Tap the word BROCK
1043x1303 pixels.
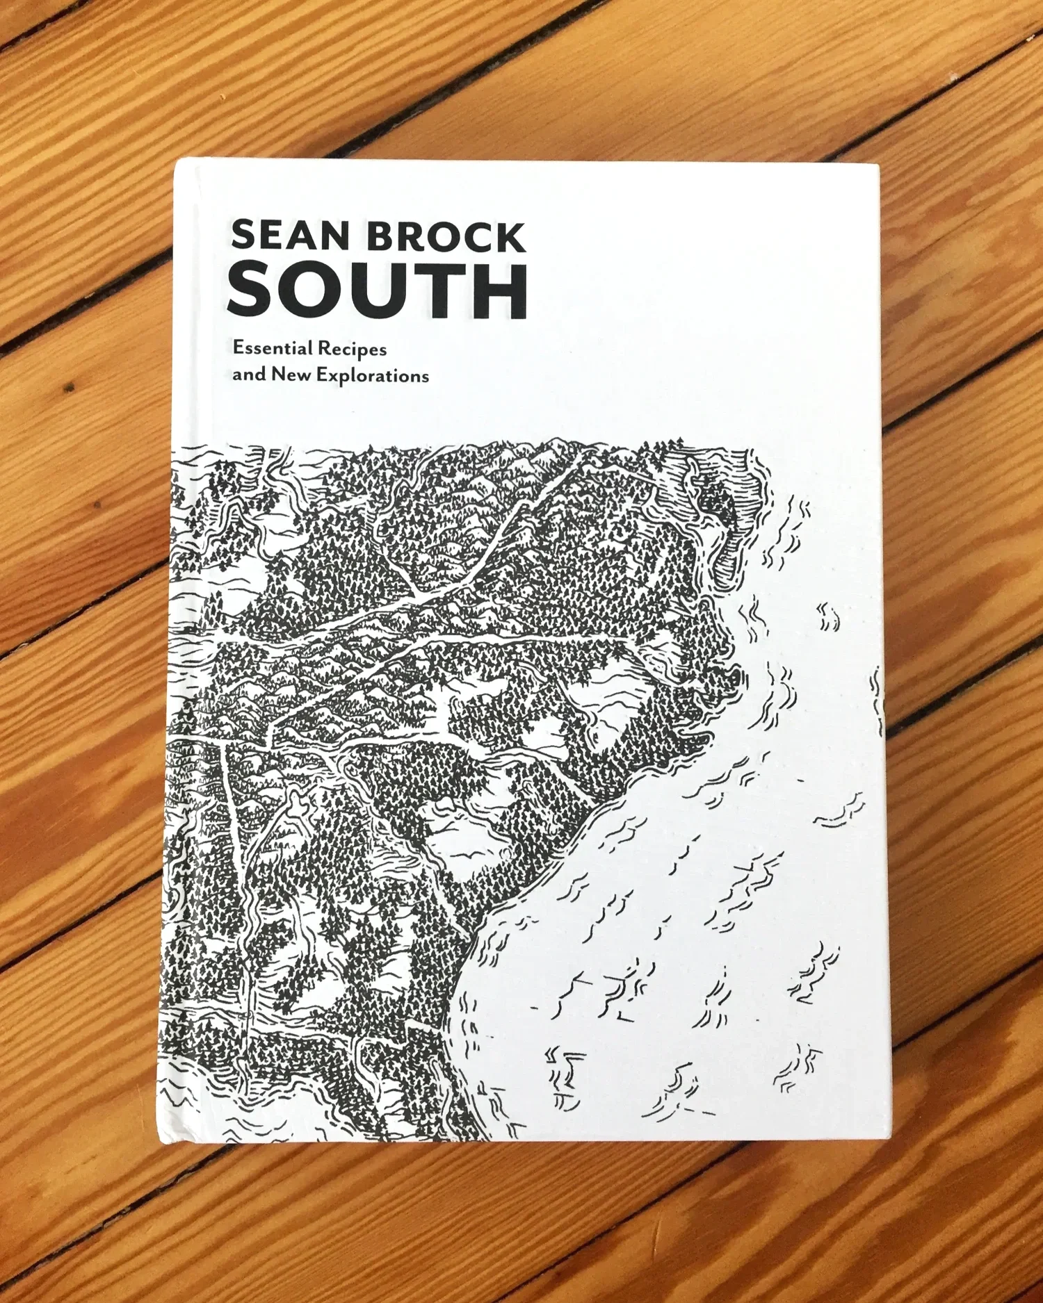[446, 237]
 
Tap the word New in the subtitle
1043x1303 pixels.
[291, 375]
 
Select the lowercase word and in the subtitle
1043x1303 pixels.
[249, 375]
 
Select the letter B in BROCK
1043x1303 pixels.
[381, 237]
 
